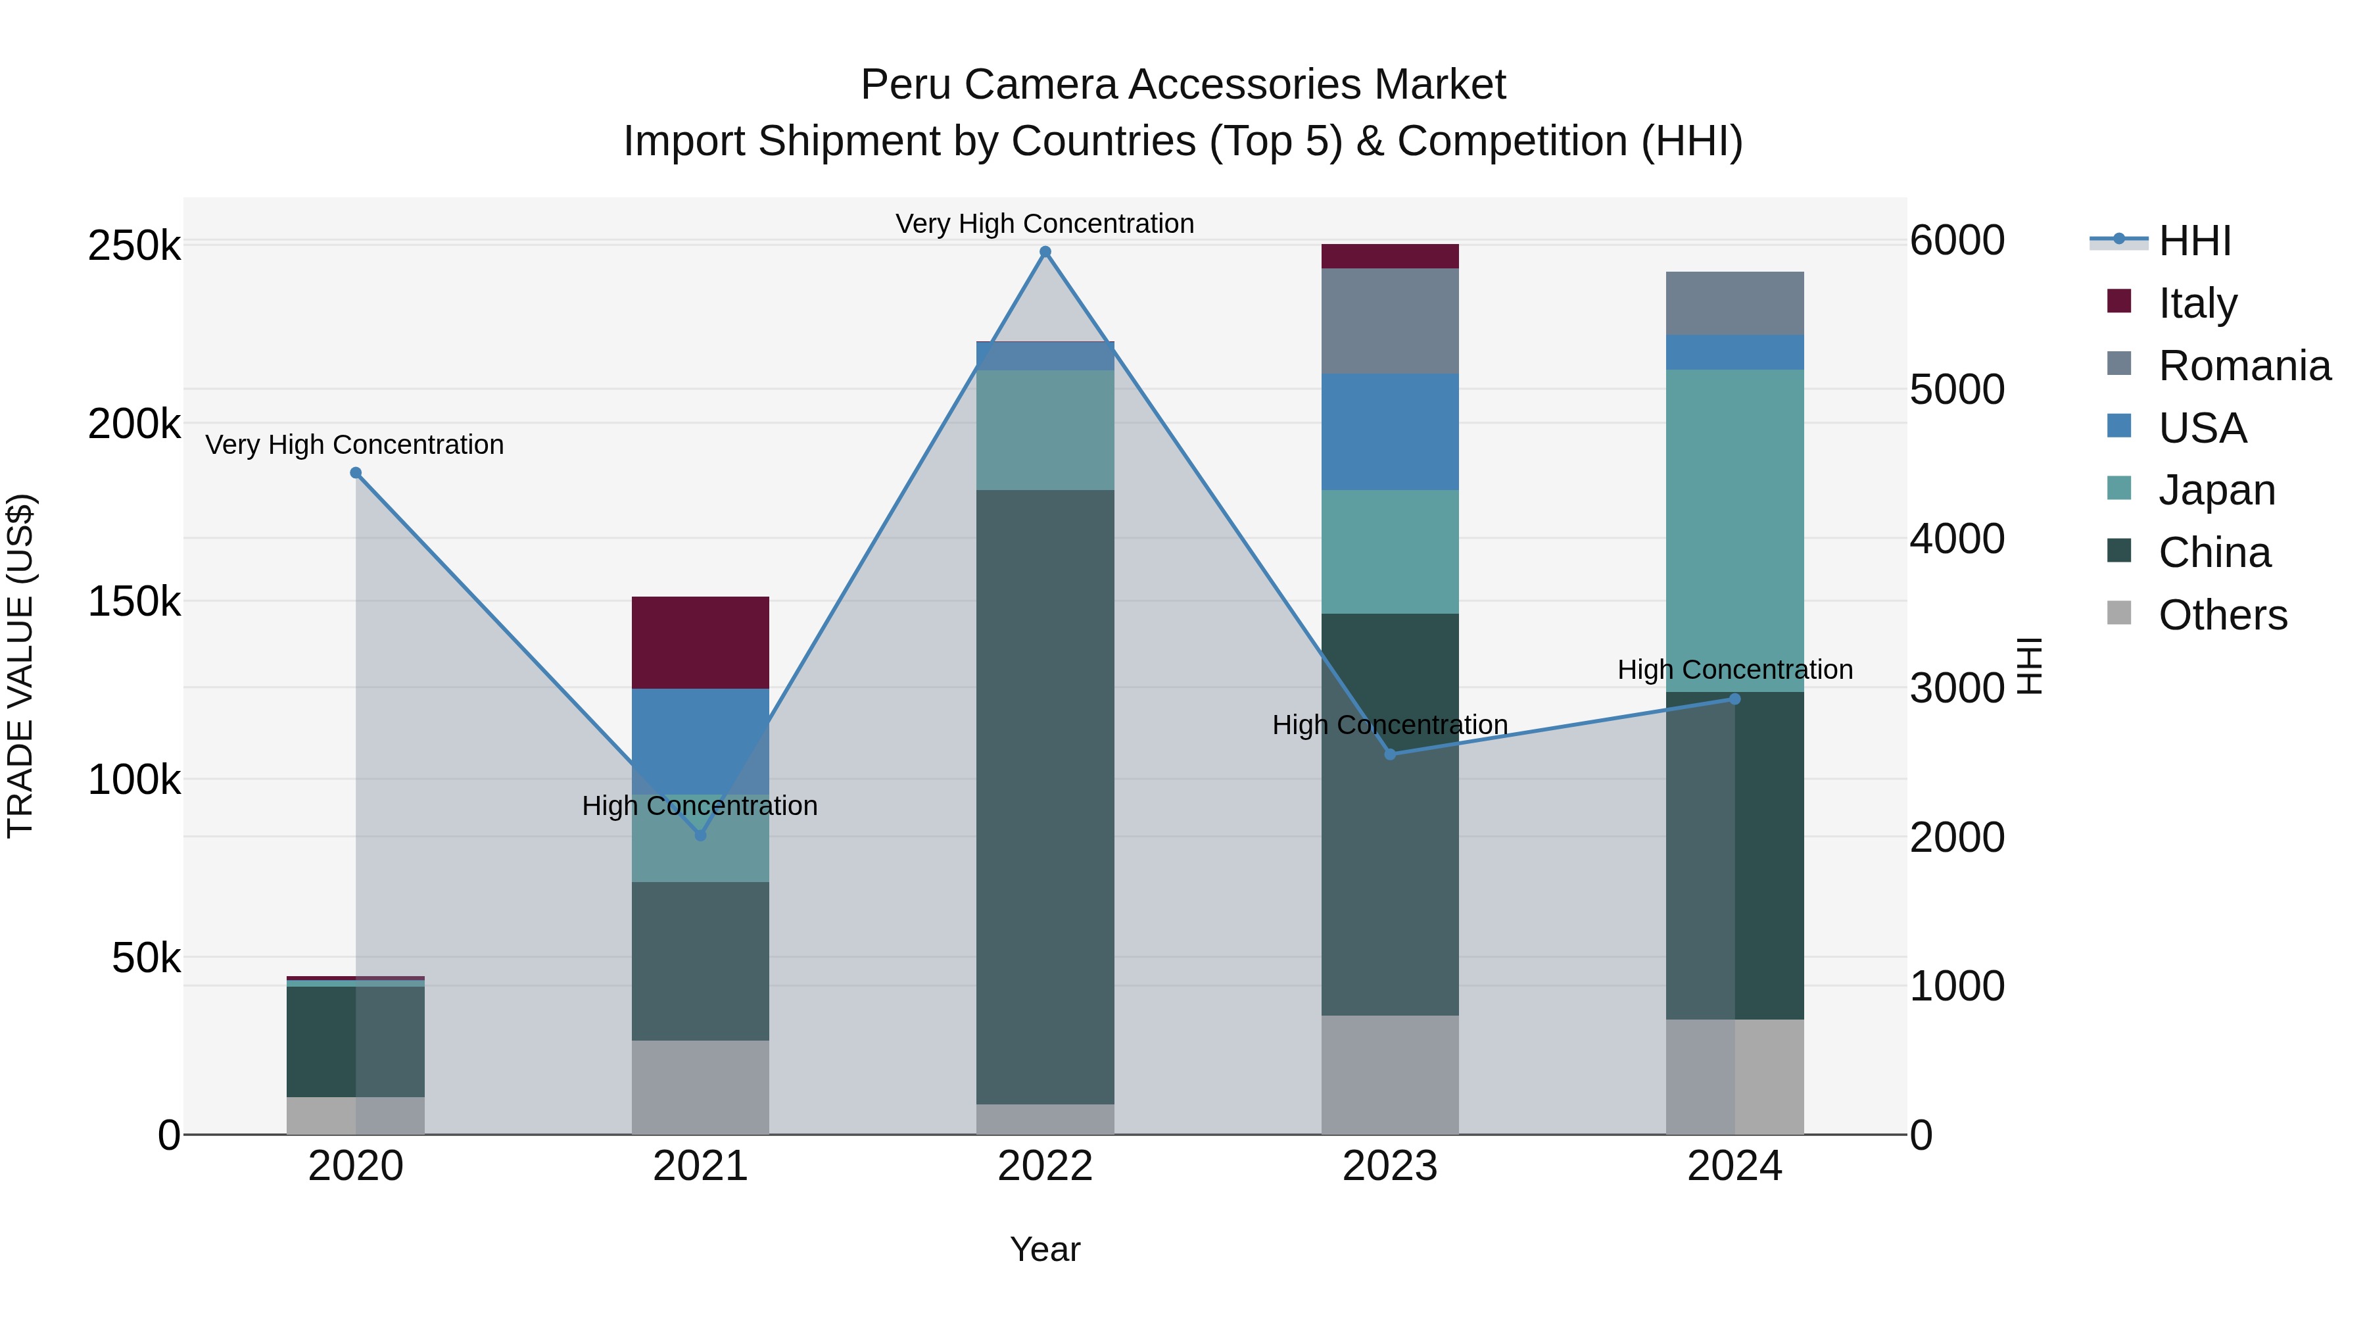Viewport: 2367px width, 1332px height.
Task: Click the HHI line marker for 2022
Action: [1045, 252]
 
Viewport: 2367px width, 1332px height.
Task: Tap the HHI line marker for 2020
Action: [356, 472]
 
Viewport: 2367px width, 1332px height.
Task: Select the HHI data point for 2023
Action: [1390, 754]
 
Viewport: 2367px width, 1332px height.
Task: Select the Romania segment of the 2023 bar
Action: [1389, 321]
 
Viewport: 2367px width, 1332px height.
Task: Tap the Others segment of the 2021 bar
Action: [700, 1087]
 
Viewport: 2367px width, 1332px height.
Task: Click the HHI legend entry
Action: [2193, 241]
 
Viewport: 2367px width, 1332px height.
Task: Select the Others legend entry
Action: [2221, 615]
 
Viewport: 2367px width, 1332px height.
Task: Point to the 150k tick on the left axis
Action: [134, 602]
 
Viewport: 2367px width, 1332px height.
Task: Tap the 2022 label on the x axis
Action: [1045, 1166]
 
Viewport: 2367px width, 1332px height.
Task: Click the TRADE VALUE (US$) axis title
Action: [20, 666]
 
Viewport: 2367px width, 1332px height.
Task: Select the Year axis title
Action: [1045, 1249]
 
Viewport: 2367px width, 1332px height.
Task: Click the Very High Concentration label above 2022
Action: [1045, 224]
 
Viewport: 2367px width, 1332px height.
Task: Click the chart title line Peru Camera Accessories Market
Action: [1183, 85]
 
